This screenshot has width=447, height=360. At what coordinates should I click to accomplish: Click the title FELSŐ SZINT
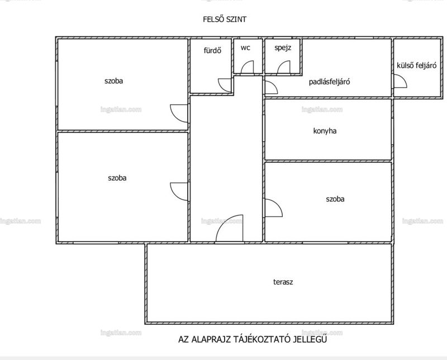tap(225, 19)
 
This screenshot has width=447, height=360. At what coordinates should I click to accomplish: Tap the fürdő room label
tap(212, 51)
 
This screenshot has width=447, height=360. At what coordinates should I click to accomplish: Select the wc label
tap(245, 47)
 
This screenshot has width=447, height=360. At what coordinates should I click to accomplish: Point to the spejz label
tap(283, 48)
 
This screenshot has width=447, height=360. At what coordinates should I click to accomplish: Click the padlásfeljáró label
tap(329, 82)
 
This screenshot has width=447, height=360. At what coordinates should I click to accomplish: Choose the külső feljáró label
tap(416, 65)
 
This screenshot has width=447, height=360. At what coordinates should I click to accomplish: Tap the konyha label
tap(325, 131)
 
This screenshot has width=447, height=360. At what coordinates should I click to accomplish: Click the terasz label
tap(283, 282)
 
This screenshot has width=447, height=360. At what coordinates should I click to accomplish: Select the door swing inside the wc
tap(248, 67)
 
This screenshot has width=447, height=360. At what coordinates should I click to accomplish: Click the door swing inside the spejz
tap(284, 67)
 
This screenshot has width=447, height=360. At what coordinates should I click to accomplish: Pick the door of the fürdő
tap(225, 85)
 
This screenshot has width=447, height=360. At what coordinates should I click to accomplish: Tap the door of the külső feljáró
tap(400, 81)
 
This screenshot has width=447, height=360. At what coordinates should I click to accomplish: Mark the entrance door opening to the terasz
tap(230, 228)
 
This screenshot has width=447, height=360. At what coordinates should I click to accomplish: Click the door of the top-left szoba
tap(179, 113)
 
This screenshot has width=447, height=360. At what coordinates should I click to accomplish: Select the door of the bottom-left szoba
tap(179, 191)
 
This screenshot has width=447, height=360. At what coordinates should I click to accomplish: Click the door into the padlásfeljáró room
tap(271, 87)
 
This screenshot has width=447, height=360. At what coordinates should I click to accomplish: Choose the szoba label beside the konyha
tap(335, 199)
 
